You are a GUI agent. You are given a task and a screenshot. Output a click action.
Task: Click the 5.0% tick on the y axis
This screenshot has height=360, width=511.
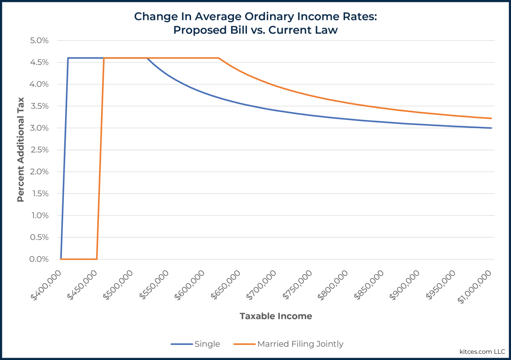39,41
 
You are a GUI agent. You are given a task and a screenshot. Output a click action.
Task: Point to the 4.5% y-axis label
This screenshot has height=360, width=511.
39,63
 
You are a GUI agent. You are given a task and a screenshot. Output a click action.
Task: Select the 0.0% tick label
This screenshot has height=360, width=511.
39,259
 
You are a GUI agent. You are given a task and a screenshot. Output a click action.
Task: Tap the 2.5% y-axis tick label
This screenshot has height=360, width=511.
39,150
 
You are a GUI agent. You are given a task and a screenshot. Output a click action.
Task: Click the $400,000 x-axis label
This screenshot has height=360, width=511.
46,285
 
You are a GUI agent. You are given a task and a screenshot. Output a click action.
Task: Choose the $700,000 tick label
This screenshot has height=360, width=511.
261,285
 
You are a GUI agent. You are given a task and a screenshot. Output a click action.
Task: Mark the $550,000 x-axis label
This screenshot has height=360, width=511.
154,285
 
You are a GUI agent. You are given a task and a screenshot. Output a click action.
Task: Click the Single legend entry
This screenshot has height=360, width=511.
207,344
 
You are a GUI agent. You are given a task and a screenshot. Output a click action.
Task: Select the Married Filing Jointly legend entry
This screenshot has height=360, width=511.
300,344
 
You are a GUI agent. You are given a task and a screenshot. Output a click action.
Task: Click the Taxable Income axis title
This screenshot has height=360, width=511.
276,316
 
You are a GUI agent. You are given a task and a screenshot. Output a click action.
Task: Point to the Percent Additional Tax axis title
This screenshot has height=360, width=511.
21,150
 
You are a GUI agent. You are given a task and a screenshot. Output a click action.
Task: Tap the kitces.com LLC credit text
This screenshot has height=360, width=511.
482,352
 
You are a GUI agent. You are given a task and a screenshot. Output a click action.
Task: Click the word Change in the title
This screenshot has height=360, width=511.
151,16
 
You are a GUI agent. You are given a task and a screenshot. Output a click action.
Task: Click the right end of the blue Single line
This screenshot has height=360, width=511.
491,128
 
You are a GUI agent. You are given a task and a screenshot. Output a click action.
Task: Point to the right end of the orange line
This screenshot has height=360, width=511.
491,118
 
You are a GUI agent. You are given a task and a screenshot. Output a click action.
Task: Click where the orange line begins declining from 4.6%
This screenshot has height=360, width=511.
219,58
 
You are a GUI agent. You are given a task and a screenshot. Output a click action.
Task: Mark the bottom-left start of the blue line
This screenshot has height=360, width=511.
61,259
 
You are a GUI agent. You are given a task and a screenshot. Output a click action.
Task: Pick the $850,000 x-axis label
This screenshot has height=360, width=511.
369,285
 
